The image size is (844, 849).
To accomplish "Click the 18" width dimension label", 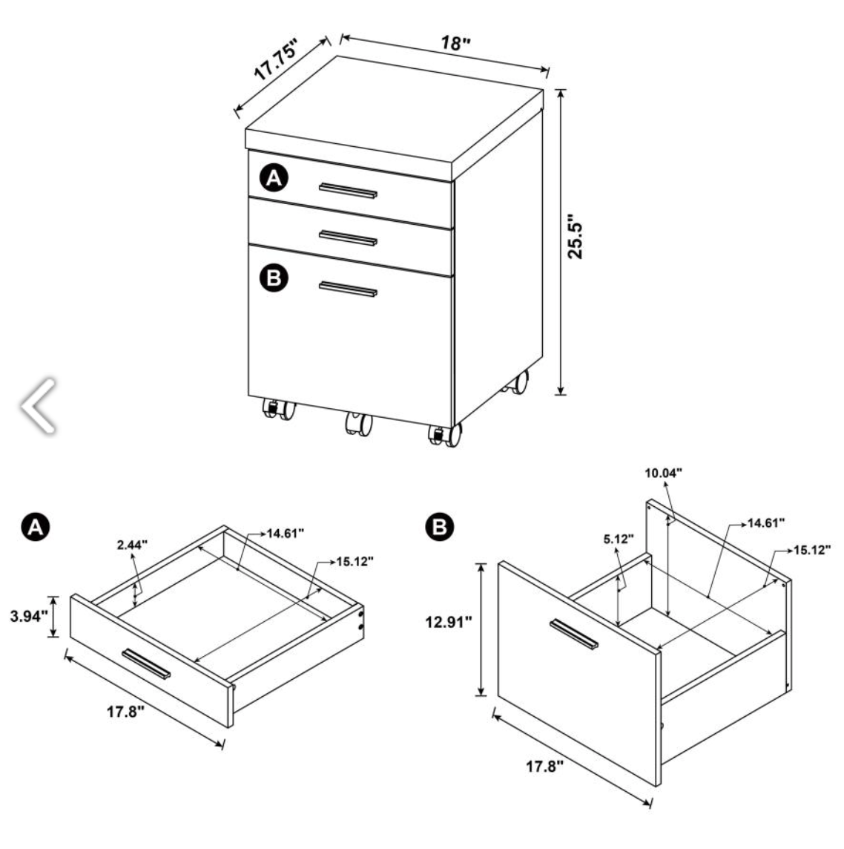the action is tap(455, 43).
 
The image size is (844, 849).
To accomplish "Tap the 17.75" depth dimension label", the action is tap(277, 59).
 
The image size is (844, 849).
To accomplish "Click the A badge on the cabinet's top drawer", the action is tap(274, 177).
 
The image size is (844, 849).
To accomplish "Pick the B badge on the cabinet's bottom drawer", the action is tap(274, 278).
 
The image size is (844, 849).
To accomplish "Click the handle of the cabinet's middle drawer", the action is tap(348, 238).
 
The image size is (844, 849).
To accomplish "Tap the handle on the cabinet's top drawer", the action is tap(348, 191).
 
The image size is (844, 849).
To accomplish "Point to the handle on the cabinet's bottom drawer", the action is tap(348, 289).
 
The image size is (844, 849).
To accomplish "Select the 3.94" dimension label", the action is tap(29, 616).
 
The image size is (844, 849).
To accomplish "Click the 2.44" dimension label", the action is tap(132, 545).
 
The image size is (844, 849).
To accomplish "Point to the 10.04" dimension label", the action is tap(663, 473).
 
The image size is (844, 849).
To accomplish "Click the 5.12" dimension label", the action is tap(619, 539).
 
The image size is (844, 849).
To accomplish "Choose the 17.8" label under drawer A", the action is tap(125, 712).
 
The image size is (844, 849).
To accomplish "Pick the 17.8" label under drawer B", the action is tap(545, 766).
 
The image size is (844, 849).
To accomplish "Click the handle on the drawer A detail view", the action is tap(146, 663).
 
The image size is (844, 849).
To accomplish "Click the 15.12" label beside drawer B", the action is tap(812, 550).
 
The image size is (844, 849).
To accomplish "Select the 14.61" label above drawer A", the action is tap(285, 534).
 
